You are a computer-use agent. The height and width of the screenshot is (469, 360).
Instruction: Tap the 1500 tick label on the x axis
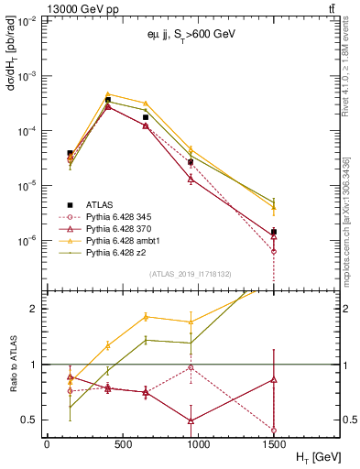click(x=274, y=442)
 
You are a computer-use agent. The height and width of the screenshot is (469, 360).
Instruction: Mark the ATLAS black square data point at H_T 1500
click(x=274, y=232)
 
